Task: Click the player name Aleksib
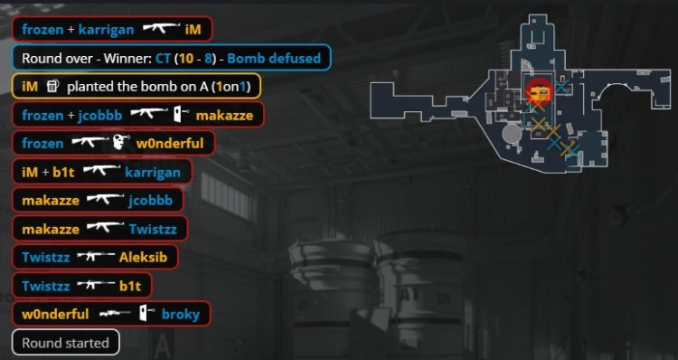tap(145, 257)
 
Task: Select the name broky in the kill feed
tap(180, 314)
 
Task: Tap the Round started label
tap(65, 343)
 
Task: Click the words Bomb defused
tap(274, 58)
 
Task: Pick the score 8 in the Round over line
tap(207, 58)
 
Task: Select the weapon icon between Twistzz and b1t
tap(95, 286)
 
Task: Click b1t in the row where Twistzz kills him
tap(132, 286)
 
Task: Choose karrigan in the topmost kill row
tap(107, 29)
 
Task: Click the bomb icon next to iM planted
tap(52, 87)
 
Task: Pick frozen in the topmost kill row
tap(42, 29)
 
